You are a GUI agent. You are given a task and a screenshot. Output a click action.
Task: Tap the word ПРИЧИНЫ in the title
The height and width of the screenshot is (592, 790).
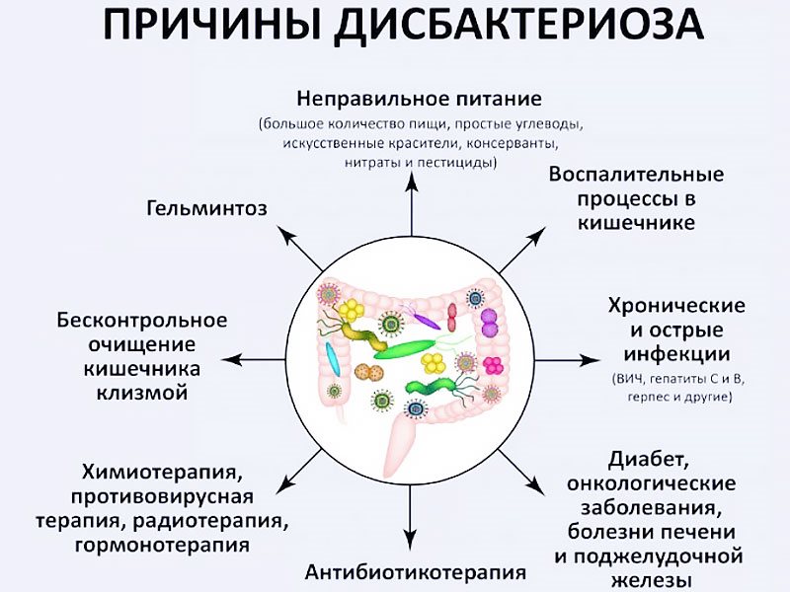click(212, 25)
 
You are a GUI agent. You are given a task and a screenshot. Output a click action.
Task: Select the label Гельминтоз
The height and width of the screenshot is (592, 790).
click(207, 208)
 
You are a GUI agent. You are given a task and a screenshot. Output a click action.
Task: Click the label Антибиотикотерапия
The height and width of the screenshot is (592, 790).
click(416, 572)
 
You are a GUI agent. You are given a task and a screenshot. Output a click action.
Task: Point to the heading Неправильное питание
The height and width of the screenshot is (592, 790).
click(419, 99)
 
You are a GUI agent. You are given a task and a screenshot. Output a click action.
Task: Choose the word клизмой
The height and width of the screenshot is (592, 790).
click(142, 392)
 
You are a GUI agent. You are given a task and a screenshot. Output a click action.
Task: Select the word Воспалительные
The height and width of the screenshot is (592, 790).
click(636, 175)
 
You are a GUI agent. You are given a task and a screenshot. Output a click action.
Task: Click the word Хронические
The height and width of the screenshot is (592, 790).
click(676, 306)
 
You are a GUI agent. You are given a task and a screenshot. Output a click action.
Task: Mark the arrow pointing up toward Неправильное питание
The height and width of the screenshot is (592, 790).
click(412, 203)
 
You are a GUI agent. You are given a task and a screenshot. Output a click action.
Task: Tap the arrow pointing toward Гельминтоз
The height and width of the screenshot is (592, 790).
click(301, 248)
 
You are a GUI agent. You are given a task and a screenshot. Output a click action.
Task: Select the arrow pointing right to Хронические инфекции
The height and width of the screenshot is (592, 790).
click(567, 360)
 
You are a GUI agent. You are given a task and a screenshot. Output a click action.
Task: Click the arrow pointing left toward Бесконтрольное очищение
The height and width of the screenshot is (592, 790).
click(254, 360)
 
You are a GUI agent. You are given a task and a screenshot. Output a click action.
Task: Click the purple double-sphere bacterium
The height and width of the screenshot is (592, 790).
click(489, 323)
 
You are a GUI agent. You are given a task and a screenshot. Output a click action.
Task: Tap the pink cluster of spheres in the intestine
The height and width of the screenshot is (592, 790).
click(493, 366)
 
